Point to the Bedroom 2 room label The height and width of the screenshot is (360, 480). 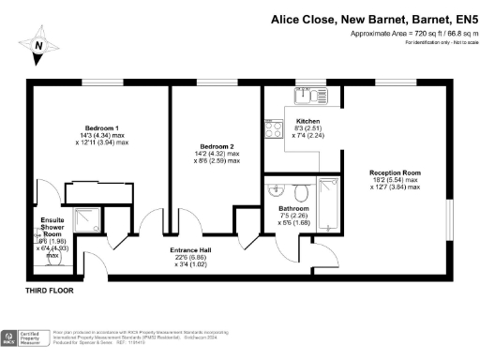point(217,146)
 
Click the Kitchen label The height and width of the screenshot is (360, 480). point(308,122)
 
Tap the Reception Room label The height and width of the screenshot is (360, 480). point(394,172)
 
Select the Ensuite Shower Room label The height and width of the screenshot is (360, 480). point(52,227)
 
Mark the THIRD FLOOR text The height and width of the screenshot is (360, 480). point(50,292)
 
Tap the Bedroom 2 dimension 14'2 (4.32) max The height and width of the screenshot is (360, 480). point(217,154)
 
